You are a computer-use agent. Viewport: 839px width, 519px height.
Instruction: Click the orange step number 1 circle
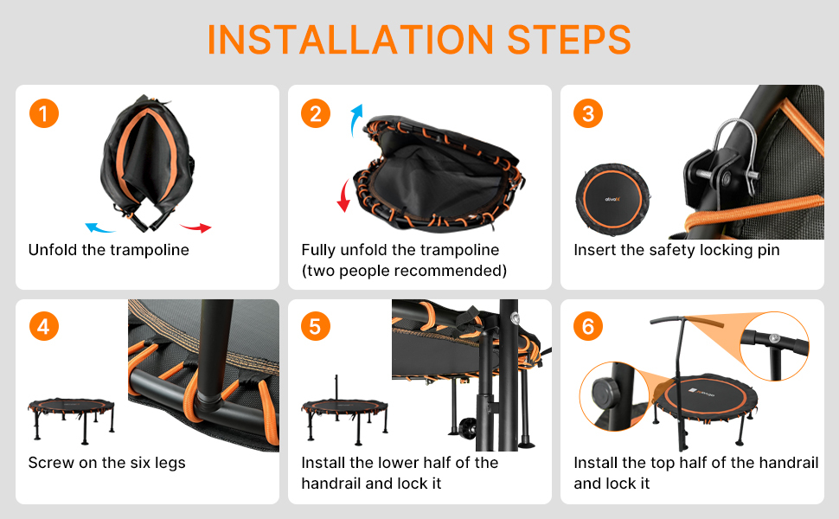[44, 113]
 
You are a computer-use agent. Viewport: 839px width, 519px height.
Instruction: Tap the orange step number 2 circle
[316, 113]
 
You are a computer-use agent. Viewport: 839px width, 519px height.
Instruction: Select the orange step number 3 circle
[588, 113]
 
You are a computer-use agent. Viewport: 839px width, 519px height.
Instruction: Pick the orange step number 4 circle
[44, 326]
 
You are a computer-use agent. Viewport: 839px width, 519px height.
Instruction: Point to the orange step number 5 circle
[316, 326]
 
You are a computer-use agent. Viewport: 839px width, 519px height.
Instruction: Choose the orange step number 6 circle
[588, 326]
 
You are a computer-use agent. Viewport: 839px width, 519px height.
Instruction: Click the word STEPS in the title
[569, 40]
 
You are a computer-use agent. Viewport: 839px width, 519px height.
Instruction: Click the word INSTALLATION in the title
[350, 40]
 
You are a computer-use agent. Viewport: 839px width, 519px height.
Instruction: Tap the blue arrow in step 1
[99, 228]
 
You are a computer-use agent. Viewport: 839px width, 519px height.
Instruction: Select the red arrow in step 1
[195, 228]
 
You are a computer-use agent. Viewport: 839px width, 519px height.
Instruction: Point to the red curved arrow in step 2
[343, 195]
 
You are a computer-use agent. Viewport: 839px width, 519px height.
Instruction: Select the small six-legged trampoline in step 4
[71, 420]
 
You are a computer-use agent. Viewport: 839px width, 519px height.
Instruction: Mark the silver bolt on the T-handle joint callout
[774, 338]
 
